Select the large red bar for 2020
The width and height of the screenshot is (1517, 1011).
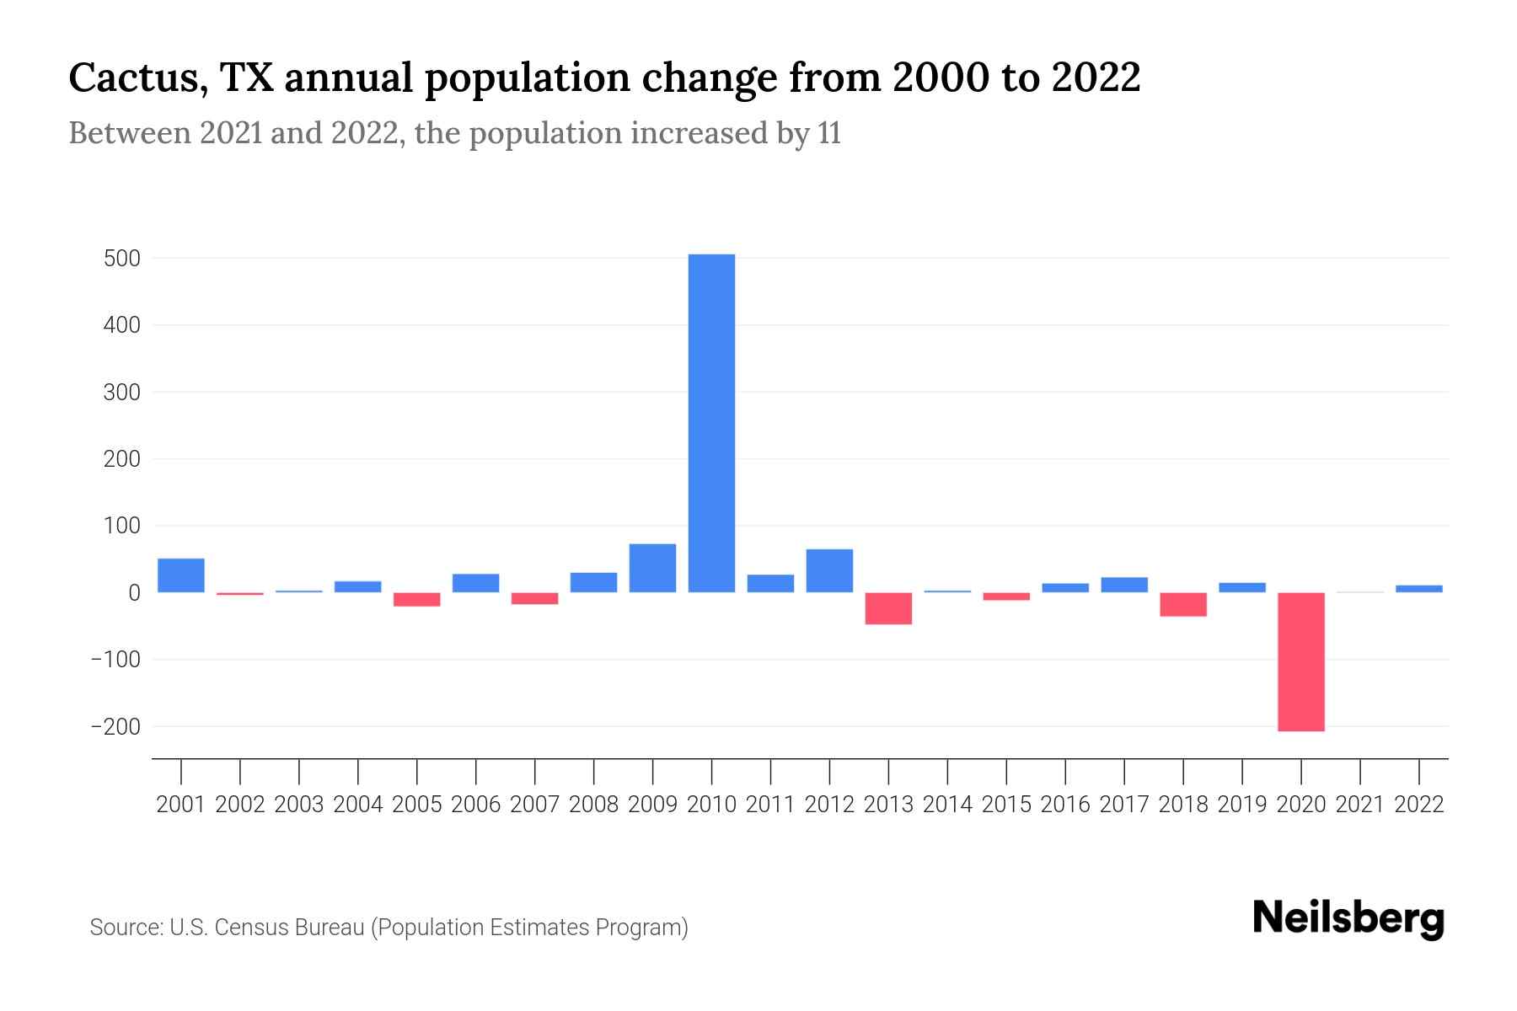point(1300,661)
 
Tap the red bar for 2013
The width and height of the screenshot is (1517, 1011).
point(888,608)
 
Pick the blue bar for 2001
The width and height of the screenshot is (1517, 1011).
point(181,575)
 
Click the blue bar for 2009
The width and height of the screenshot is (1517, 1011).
point(652,568)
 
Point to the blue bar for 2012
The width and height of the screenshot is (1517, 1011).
point(829,570)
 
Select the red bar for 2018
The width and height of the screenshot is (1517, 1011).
point(1182,604)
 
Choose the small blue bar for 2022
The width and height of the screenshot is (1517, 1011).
point(1418,588)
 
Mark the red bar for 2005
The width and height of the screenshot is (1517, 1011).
point(417,599)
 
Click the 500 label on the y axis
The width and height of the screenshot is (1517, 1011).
point(122,259)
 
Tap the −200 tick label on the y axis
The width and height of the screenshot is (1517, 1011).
point(115,726)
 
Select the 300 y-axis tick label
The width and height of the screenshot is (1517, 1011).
point(122,393)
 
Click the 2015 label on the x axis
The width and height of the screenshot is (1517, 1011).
point(1006,805)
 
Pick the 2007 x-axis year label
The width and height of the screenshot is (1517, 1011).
point(534,805)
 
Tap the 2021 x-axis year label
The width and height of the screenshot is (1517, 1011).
point(1359,805)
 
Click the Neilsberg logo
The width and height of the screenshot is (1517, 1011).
point(1348,918)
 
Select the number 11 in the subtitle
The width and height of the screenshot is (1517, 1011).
point(828,134)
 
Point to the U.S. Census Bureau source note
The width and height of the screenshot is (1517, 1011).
point(389,928)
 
